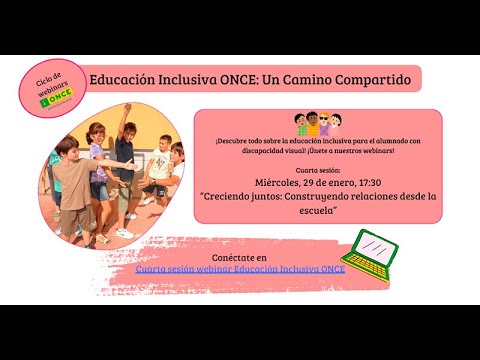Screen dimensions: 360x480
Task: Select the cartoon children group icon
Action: (x=318, y=124)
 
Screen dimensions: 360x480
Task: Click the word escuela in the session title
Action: (x=317, y=211)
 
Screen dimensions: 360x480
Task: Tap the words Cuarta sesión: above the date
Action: (x=317, y=170)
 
